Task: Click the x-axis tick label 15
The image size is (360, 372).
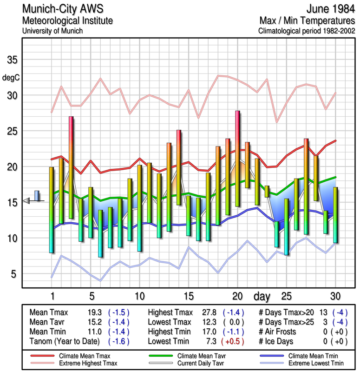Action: click(x=189, y=296)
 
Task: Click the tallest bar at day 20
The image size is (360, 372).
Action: click(x=237, y=158)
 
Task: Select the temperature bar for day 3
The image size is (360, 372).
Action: click(x=71, y=167)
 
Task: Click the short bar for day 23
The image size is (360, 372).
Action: click(x=267, y=191)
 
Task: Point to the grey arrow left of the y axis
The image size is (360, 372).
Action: click(x=26, y=200)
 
